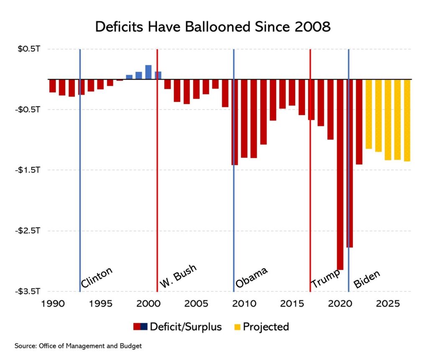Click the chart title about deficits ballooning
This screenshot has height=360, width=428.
pos(213,27)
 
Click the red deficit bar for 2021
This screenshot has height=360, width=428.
pos(349,163)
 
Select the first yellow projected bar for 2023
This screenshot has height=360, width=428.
pos(369,114)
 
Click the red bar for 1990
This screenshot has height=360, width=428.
pos(53,86)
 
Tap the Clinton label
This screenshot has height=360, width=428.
pos(97,278)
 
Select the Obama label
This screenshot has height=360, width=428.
pos(251,277)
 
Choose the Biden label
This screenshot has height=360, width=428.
pos(367,279)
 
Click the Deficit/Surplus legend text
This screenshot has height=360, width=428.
pos(186,327)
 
